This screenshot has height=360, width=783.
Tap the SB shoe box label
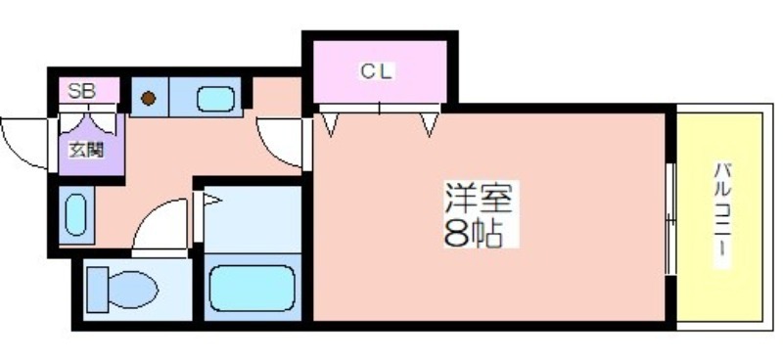pyautogui.click(x=80, y=91)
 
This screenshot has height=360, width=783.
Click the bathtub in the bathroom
pyautogui.click(x=252, y=287)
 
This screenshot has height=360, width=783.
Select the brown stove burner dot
pyautogui.click(x=148, y=98)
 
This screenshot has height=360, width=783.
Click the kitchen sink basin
pyautogui.click(x=214, y=99)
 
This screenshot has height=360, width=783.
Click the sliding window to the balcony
pyautogui.click(x=670, y=217)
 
